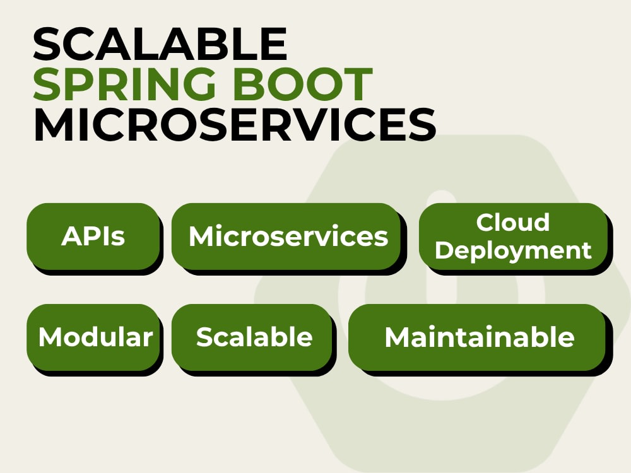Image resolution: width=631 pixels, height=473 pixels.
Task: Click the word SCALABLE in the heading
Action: point(160,44)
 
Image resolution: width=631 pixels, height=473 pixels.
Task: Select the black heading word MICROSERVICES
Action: point(235,124)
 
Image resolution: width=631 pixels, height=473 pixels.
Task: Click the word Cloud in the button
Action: point(512,223)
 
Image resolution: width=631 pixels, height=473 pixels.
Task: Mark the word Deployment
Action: point(513,251)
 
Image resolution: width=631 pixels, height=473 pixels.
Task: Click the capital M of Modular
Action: point(49,337)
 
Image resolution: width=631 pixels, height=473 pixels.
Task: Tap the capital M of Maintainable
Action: point(396,337)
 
